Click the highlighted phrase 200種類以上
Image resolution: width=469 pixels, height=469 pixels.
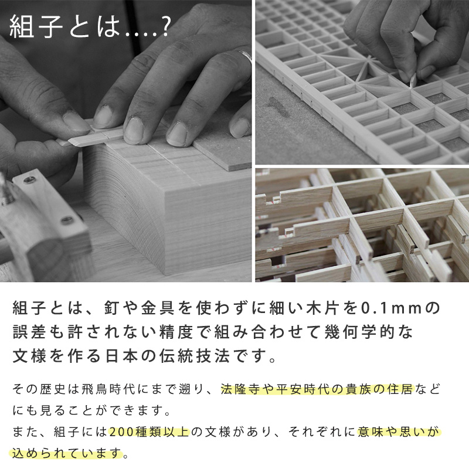(149, 432)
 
